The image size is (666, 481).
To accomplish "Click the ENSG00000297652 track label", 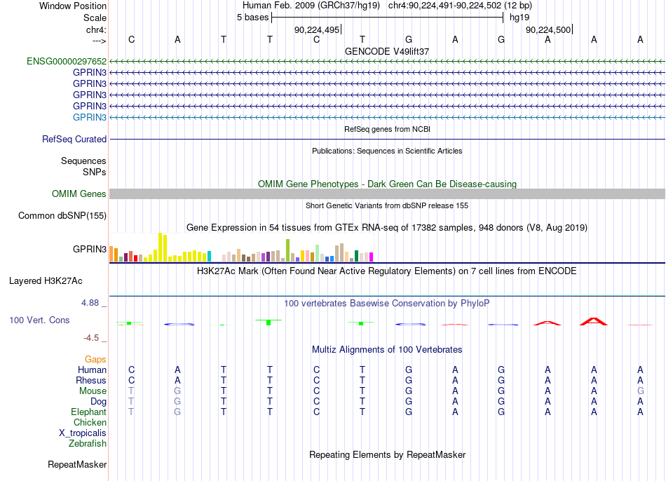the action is [x=67, y=61].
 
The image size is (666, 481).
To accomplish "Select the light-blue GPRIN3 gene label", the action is [x=90, y=117].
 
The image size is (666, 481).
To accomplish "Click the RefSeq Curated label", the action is [x=74, y=139].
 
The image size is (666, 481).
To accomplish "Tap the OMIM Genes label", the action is [x=79, y=194].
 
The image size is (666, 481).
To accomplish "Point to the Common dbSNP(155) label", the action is [x=62, y=215].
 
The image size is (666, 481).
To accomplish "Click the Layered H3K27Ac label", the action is [x=46, y=281].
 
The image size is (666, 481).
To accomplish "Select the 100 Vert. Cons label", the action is [x=39, y=320].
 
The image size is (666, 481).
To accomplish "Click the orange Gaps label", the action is [x=95, y=360].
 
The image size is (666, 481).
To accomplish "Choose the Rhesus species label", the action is [x=91, y=380].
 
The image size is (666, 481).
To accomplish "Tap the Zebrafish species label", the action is [x=88, y=444].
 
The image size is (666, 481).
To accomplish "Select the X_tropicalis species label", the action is [x=83, y=433].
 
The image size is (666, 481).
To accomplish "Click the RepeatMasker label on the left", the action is [x=77, y=464].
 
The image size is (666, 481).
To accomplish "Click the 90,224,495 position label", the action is [x=317, y=29].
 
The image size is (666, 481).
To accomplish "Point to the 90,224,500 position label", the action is [x=548, y=29].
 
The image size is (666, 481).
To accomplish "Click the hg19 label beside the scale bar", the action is [x=519, y=18].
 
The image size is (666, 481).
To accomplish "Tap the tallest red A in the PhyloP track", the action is [x=594, y=321].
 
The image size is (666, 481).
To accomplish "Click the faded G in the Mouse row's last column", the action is [x=640, y=391].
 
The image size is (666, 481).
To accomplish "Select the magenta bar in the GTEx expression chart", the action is [x=371, y=257].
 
